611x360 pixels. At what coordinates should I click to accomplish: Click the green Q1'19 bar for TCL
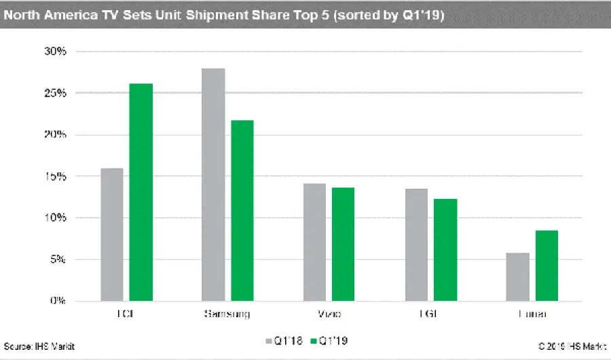141,192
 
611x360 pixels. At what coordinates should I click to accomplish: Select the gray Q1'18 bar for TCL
112,234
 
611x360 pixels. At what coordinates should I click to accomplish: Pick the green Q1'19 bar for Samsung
242,211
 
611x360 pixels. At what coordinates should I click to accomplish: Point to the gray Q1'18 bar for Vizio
314,242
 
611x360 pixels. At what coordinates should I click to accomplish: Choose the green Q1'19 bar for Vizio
343,244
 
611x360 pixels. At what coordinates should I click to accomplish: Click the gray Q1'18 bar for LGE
416,245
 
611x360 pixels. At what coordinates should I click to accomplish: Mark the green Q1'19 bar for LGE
445,249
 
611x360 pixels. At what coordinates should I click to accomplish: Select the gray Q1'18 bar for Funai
518,276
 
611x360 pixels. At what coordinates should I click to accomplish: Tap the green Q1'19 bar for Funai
547,266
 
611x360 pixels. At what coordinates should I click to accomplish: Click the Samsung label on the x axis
227,314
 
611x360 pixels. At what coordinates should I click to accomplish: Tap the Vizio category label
329,314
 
